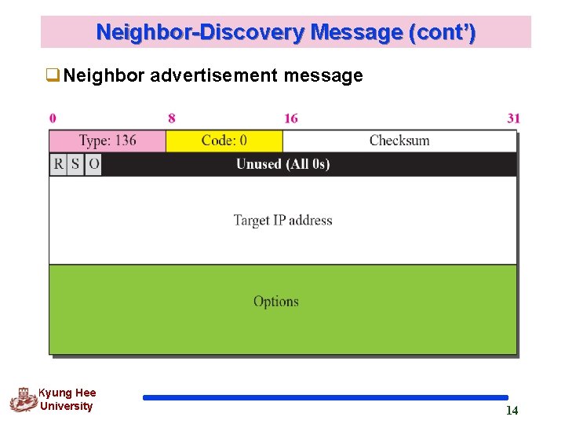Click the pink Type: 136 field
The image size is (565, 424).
[108, 141]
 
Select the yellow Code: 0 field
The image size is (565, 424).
[224, 141]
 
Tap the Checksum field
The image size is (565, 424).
[399, 141]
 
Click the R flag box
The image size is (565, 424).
[58, 164]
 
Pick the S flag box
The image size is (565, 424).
[75, 164]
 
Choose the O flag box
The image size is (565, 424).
[93, 164]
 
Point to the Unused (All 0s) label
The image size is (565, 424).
[282, 164]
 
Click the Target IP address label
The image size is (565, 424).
[282, 221]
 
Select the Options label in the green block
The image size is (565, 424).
[276, 302]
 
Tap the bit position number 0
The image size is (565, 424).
[53, 119]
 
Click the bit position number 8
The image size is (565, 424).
[172, 119]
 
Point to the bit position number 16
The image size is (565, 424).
[291, 119]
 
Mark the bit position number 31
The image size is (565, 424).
[513, 119]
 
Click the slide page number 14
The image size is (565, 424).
[512, 411]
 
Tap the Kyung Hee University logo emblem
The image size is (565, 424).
[23, 400]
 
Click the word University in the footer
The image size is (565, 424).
[66, 407]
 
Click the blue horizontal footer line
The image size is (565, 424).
[326, 398]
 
